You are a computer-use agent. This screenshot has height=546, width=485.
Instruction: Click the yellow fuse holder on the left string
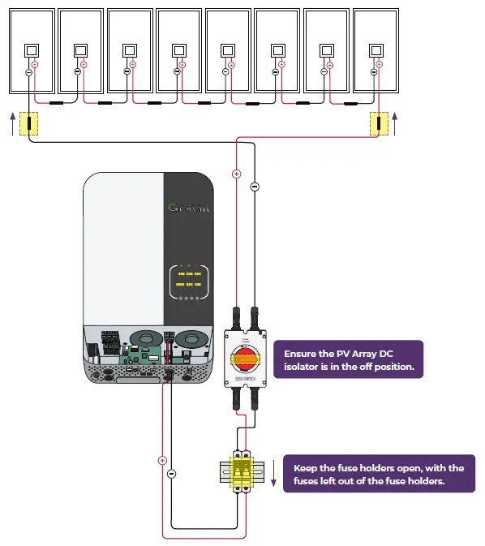pos(29,124)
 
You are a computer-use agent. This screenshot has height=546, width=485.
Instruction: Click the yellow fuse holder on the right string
pos(379,124)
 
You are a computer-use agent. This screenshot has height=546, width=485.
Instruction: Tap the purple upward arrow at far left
pos(11,124)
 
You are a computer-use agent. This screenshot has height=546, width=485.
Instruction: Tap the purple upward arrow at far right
pos(395,124)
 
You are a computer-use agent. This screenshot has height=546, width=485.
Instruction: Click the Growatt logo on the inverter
pos(189,208)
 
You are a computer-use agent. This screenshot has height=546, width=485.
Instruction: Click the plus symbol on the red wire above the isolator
pos(237,174)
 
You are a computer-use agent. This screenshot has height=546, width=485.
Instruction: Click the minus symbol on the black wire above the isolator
pos(255,187)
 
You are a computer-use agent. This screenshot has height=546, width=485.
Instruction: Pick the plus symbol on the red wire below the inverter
pos(162,459)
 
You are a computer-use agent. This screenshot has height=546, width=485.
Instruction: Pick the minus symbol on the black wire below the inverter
pos(171,473)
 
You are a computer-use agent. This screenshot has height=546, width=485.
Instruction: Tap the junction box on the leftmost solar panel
pos(32,50)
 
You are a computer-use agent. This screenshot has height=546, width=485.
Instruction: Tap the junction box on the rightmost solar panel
pos(375,50)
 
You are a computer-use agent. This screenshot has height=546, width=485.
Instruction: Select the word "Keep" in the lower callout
pos(306,468)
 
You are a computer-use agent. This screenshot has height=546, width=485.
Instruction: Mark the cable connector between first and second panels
pos(57,103)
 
